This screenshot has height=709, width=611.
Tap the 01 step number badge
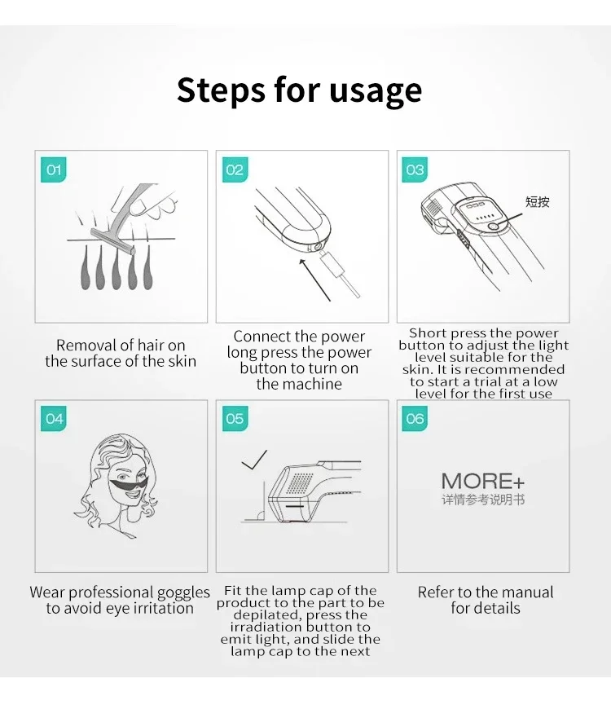54,170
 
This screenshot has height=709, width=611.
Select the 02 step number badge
235,170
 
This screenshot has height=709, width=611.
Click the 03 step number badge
415,170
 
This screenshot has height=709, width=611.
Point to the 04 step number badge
54,419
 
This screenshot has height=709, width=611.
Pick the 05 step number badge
235,419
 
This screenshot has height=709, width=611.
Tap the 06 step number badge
415,419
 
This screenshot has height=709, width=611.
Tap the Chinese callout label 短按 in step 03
537,201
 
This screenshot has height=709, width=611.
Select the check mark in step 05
254,460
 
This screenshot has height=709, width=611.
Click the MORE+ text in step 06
483,481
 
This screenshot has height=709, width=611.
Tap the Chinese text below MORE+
483,499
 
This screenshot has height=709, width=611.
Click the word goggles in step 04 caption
182,592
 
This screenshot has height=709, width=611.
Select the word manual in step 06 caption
522,592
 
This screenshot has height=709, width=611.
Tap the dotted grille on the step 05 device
300,482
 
